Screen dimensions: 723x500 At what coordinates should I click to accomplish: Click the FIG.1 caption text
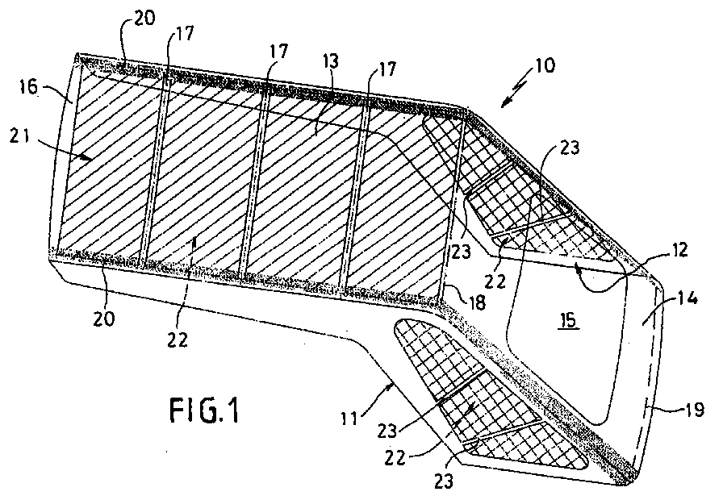tap(205, 410)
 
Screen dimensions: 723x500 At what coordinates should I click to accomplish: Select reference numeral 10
tap(545, 65)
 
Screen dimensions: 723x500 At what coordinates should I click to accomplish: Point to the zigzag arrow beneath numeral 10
tap(516, 90)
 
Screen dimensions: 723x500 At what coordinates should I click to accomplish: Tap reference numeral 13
tap(331, 60)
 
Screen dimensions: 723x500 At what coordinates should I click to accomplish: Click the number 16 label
tap(28, 86)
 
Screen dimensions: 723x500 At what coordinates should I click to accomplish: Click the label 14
tap(688, 298)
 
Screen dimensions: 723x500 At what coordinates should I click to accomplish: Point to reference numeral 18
tap(477, 302)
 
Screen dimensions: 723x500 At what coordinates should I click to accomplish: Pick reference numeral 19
tap(695, 409)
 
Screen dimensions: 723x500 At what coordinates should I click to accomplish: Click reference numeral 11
tap(349, 419)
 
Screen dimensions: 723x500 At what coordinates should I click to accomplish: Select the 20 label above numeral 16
tap(144, 19)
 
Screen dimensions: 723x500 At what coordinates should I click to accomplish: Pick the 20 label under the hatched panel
tap(103, 318)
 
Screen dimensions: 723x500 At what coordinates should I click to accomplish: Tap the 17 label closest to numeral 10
tap(387, 69)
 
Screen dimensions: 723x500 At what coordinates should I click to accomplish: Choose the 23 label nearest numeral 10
tap(570, 148)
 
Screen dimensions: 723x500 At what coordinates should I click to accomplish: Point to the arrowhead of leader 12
tap(576, 265)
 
